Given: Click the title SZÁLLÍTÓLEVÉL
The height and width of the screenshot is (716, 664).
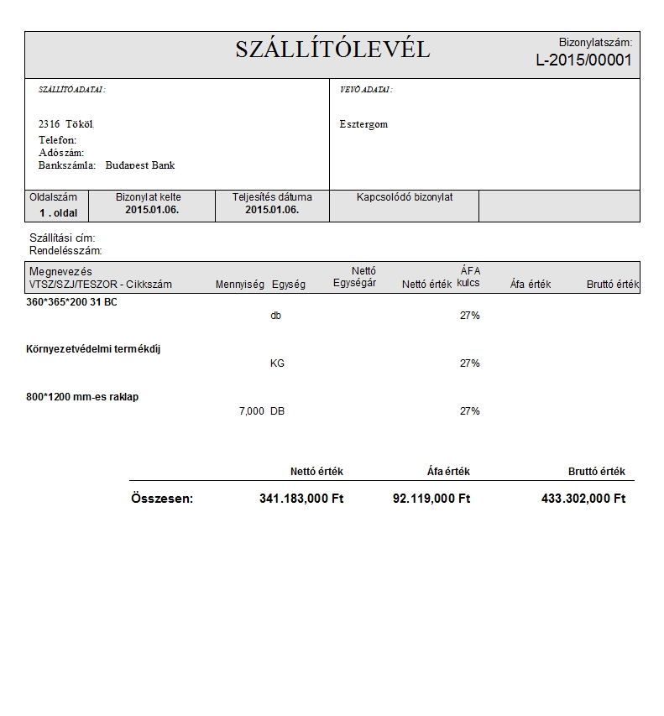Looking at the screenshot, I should click(332, 50).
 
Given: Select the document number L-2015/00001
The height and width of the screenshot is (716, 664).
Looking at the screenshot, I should click(583, 60).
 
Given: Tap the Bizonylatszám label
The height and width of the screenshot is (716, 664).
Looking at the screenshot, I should click(595, 42).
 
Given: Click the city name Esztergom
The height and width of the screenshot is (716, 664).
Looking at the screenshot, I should click(363, 124).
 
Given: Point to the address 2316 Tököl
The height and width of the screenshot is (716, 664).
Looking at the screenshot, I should click(65, 123).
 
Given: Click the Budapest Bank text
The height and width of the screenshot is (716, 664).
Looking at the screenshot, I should click(140, 165).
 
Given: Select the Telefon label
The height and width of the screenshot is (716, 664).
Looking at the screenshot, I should click(57, 139).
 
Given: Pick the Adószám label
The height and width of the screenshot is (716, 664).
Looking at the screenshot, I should click(61, 153).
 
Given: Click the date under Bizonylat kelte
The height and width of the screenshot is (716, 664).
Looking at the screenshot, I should click(152, 210).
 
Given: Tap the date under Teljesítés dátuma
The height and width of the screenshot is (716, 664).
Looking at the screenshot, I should click(272, 210).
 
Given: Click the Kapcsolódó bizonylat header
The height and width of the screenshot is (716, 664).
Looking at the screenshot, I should click(405, 197).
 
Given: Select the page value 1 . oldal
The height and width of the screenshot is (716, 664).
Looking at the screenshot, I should click(58, 212).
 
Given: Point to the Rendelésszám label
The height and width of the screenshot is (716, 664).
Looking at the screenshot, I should click(65, 250).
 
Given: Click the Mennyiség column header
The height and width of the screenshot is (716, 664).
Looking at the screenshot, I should click(240, 285).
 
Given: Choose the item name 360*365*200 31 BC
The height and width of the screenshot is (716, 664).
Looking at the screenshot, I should click(72, 301).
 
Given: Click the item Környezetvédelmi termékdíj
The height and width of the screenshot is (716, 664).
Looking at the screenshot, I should click(94, 349).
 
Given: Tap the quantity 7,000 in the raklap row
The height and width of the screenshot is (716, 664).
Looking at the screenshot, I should click(252, 411).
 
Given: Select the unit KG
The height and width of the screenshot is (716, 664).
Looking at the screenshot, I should click(279, 363).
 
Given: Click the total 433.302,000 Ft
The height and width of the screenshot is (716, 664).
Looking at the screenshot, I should click(583, 499).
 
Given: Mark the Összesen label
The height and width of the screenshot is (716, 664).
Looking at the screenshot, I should click(162, 499).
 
